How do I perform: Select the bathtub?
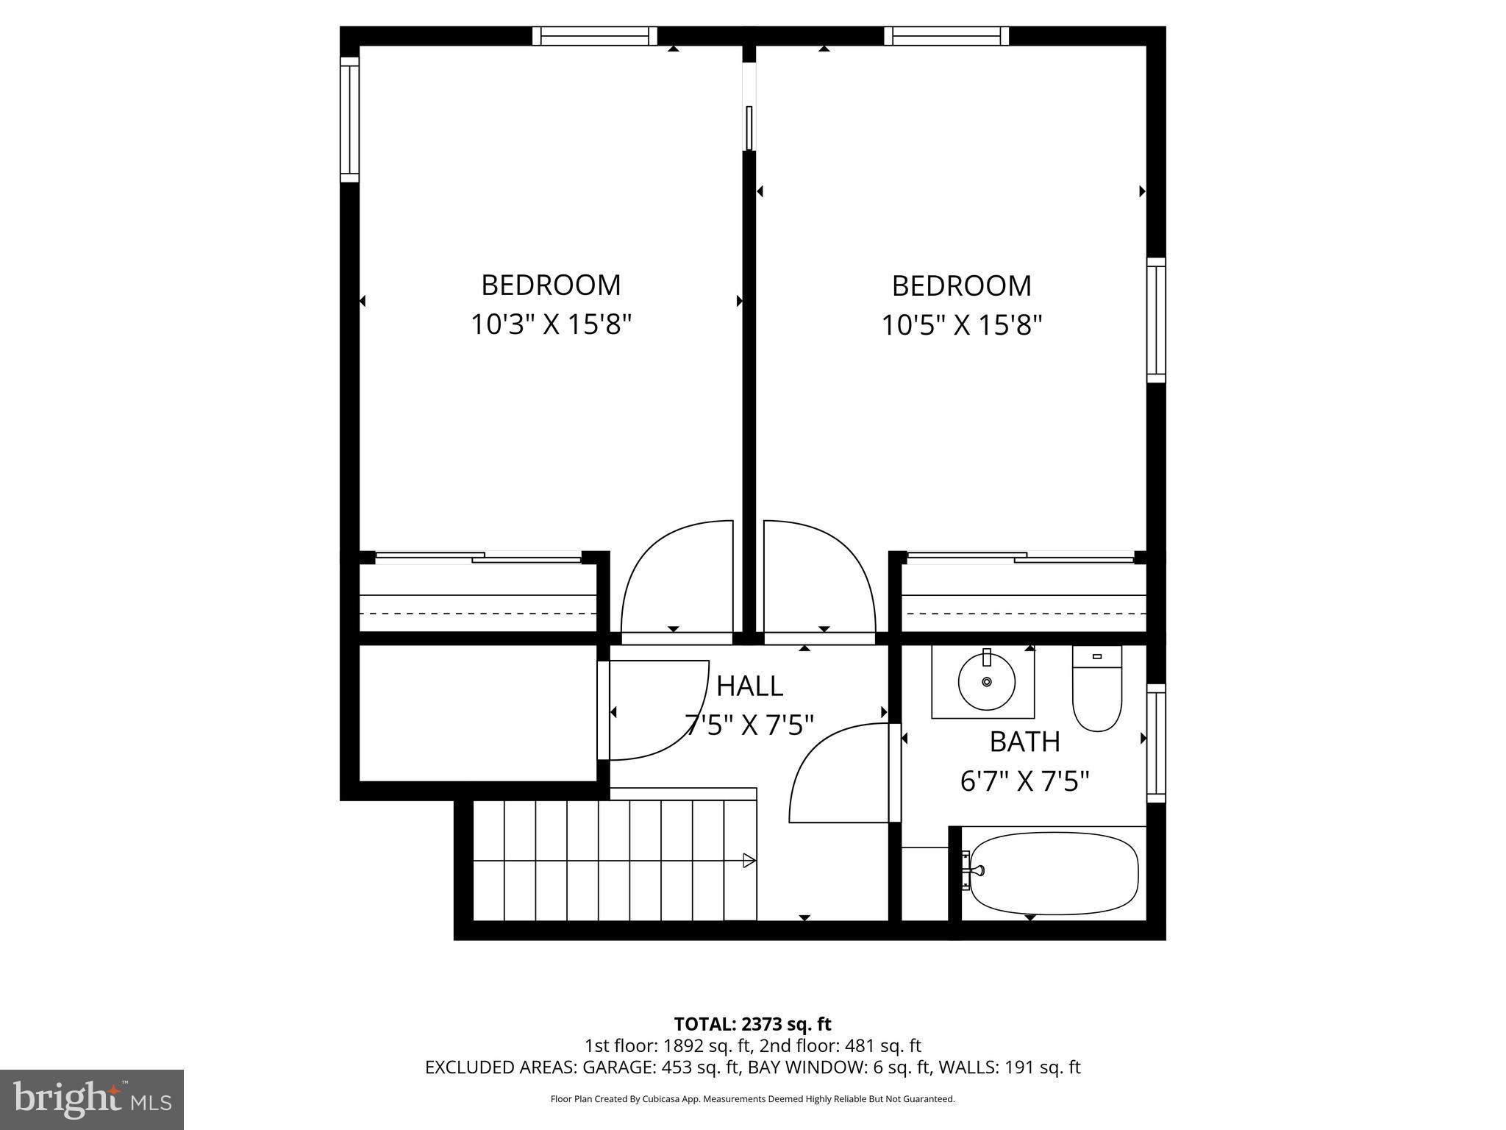[1054, 873]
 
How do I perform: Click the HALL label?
[749, 686]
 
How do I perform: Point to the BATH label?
[1024, 742]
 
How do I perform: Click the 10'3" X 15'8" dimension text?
[551, 324]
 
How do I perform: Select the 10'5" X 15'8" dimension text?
[961, 324]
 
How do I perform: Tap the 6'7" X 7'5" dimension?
[1024, 781]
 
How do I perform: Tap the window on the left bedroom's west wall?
[349, 119]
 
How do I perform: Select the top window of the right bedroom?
[946, 36]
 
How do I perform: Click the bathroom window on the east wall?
[1156, 743]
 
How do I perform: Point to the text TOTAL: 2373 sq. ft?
[752, 1023]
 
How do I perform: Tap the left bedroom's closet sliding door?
[478, 558]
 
